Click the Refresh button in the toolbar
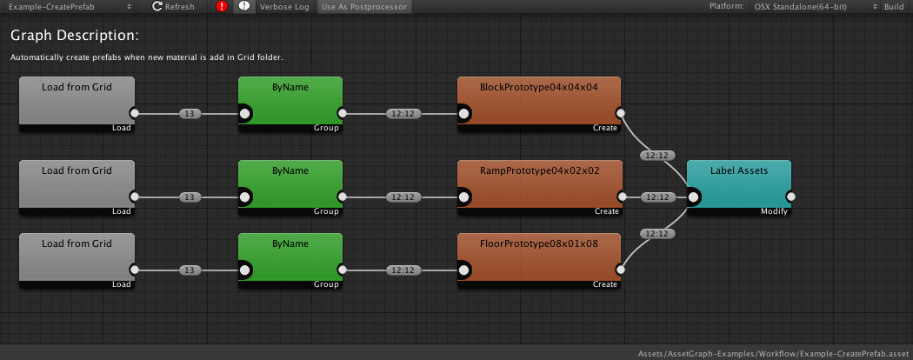[174, 6]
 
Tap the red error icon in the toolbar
[222, 6]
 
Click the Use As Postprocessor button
[364, 6]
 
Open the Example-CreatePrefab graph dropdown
[69, 6]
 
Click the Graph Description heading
[75, 36]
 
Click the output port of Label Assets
[790, 197]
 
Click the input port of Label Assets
[694, 197]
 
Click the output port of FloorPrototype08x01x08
[620, 270]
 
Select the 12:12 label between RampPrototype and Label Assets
[655, 197]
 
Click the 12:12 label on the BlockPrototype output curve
[655, 156]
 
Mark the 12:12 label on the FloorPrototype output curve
[655, 233]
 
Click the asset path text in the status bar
[772, 354]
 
